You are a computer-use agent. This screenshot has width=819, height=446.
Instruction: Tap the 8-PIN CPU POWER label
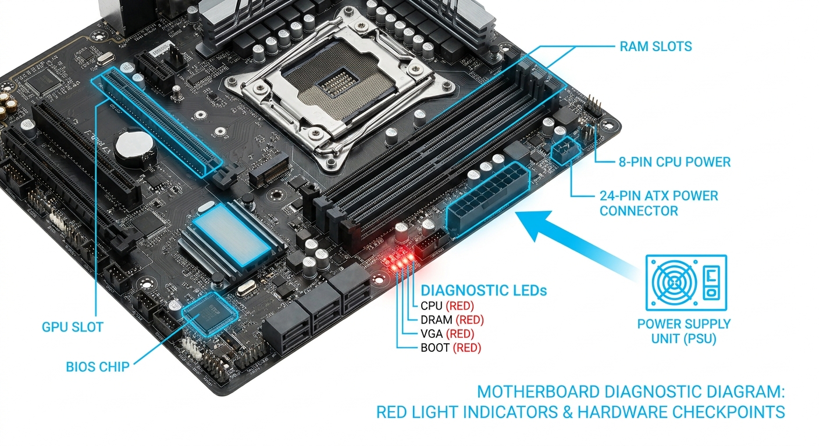click(674, 162)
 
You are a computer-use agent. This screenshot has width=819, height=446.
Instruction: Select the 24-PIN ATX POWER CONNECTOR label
click(658, 203)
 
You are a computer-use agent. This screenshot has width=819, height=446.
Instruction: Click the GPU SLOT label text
click(72, 327)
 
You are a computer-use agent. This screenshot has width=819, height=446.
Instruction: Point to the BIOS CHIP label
click(97, 366)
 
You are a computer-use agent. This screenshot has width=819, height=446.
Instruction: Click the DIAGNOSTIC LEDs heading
click(484, 290)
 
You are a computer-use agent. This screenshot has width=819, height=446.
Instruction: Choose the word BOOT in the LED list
click(435, 348)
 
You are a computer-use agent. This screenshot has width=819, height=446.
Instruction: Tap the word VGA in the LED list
click(432, 334)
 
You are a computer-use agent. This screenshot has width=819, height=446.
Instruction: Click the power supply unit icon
click(686, 282)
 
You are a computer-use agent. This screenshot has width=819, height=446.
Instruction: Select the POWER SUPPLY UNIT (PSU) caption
click(683, 331)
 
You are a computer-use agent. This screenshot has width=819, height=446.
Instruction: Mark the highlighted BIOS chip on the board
click(209, 314)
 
